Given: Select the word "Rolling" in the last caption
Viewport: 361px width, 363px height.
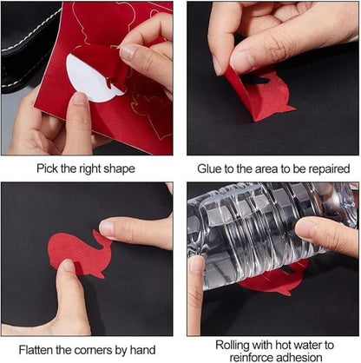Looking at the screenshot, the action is pyautogui.click(x=233, y=346).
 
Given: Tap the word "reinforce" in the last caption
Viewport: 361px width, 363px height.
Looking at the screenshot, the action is pyautogui.click(x=249, y=357).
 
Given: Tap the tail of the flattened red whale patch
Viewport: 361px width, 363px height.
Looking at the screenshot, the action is pyautogui.click(x=99, y=237).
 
